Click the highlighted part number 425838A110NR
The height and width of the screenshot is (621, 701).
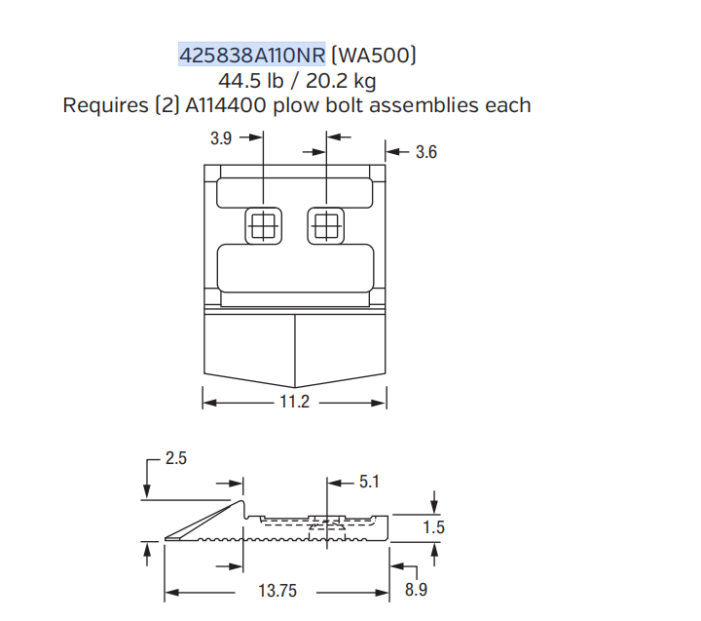pyautogui.click(x=252, y=55)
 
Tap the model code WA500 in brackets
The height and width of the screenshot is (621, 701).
pyautogui.click(x=374, y=55)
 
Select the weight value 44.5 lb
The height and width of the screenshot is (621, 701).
pyautogui.click(x=251, y=81)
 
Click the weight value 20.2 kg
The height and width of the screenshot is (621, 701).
pyautogui.click(x=341, y=81)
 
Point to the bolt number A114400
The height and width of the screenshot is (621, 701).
pyautogui.click(x=226, y=105)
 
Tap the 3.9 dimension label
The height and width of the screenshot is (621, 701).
pyautogui.click(x=221, y=137)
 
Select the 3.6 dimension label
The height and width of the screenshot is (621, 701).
pyautogui.click(x=426, y=152)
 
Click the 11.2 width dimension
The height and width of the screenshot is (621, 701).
pyautogui.click(x=295, y=402)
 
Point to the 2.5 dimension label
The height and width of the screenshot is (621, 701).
pyautogui.click(x=175, y=458)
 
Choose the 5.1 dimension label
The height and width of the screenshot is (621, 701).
pyautogui.click(x=369, y=482)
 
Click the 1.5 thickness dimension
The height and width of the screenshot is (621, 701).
pyautogui.click(x=433, y=527)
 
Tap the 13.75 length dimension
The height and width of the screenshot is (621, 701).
pyautogui.click(x=277, y=591)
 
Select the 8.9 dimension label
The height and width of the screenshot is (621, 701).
pyautogui.click(x=416, y=590)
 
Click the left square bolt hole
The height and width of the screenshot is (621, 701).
pyautogui.click(x=263, y=226)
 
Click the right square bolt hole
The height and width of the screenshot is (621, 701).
pyautogui.click(x=326, y=226)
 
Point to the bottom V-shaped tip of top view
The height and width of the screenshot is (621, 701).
pyautogui.click(x=295, y=388)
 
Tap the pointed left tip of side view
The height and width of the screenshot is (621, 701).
pyautogui.click(x=165, y=538)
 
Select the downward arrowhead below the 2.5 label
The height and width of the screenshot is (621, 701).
pyautogui.click(x=146, y=491)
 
